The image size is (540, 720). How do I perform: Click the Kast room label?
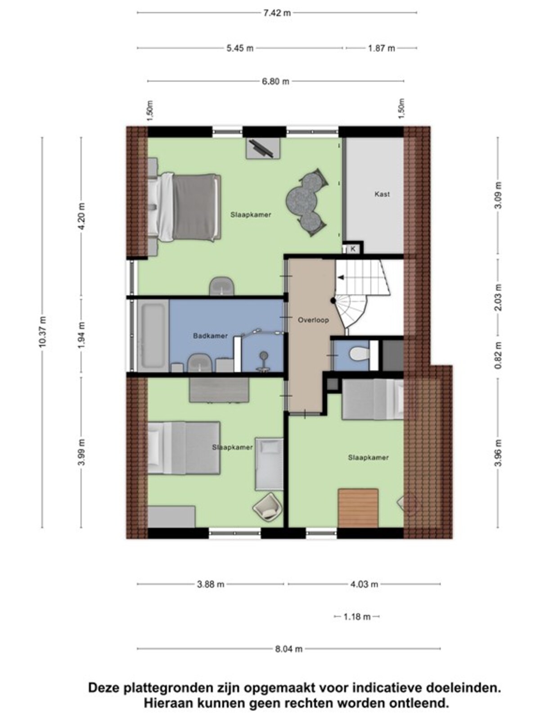[x=382, y=194]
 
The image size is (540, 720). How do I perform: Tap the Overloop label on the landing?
[x=313, y=320]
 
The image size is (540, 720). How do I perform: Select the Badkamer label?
[x=210, y=336]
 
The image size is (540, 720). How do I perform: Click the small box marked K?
[x=353, y=249]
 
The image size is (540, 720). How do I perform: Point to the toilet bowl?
[x=360, y=354]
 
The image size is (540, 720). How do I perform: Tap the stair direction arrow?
[x=342, y=278]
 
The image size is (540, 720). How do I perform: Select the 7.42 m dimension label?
[x=277, y=13]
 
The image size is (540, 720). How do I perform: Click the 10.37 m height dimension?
[x=43, y=332]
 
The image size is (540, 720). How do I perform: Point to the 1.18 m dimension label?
[x=357, y=617]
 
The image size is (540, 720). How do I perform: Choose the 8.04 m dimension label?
[x=289, y=649]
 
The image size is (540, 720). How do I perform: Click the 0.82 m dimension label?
[x=498, y=355]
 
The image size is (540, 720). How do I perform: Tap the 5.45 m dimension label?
[x=240, y=48]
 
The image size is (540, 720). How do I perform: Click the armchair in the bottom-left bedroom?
[x=267, y=507]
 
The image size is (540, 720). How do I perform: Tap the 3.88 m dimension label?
[x=211, y=584]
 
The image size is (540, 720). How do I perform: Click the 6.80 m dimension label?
[x=275, y=81]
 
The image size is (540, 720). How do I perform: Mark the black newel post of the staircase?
[x=333, y=300]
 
